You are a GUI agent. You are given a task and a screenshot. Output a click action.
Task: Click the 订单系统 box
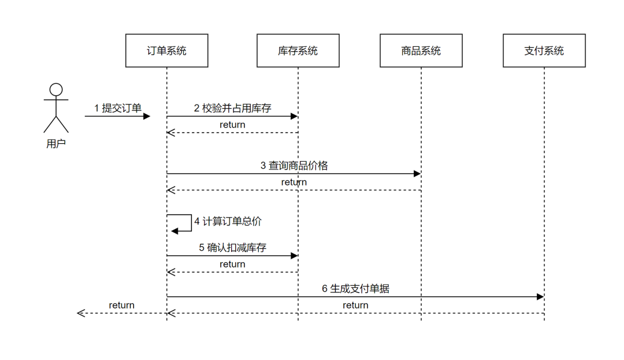(166, 51)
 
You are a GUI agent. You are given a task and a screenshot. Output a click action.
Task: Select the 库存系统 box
(298, 51)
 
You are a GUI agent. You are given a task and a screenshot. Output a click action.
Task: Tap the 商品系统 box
(421, 51)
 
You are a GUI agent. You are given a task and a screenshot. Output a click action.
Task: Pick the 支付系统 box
(544, 51)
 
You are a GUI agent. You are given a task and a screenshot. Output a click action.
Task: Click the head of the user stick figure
(56, 90)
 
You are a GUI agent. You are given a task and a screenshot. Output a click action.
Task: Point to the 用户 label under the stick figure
(56, 144)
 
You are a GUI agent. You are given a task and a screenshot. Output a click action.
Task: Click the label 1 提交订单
(118, 108)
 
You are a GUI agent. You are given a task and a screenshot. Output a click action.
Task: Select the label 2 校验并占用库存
(232, 108)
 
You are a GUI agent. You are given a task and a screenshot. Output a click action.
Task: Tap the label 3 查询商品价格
(294, 165)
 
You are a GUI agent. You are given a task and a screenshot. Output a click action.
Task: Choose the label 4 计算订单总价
(228, 221)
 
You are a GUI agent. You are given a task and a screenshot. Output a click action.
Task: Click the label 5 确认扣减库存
(232, 247)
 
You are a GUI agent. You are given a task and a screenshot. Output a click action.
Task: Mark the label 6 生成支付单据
(355, 288)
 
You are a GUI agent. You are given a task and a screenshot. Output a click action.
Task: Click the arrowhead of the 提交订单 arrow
(147, 116)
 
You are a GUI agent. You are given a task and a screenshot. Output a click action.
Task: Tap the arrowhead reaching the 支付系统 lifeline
(540, 296)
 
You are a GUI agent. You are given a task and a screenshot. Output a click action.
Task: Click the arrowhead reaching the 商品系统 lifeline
(417, 173)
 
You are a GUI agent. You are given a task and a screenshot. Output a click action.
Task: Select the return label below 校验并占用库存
(232, 125)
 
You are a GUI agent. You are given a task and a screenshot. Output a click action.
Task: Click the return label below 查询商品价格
(294, 182)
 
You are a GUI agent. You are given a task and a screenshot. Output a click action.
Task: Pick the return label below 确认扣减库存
(232, 264)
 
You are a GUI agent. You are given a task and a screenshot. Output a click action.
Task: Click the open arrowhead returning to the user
(81, 313)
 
